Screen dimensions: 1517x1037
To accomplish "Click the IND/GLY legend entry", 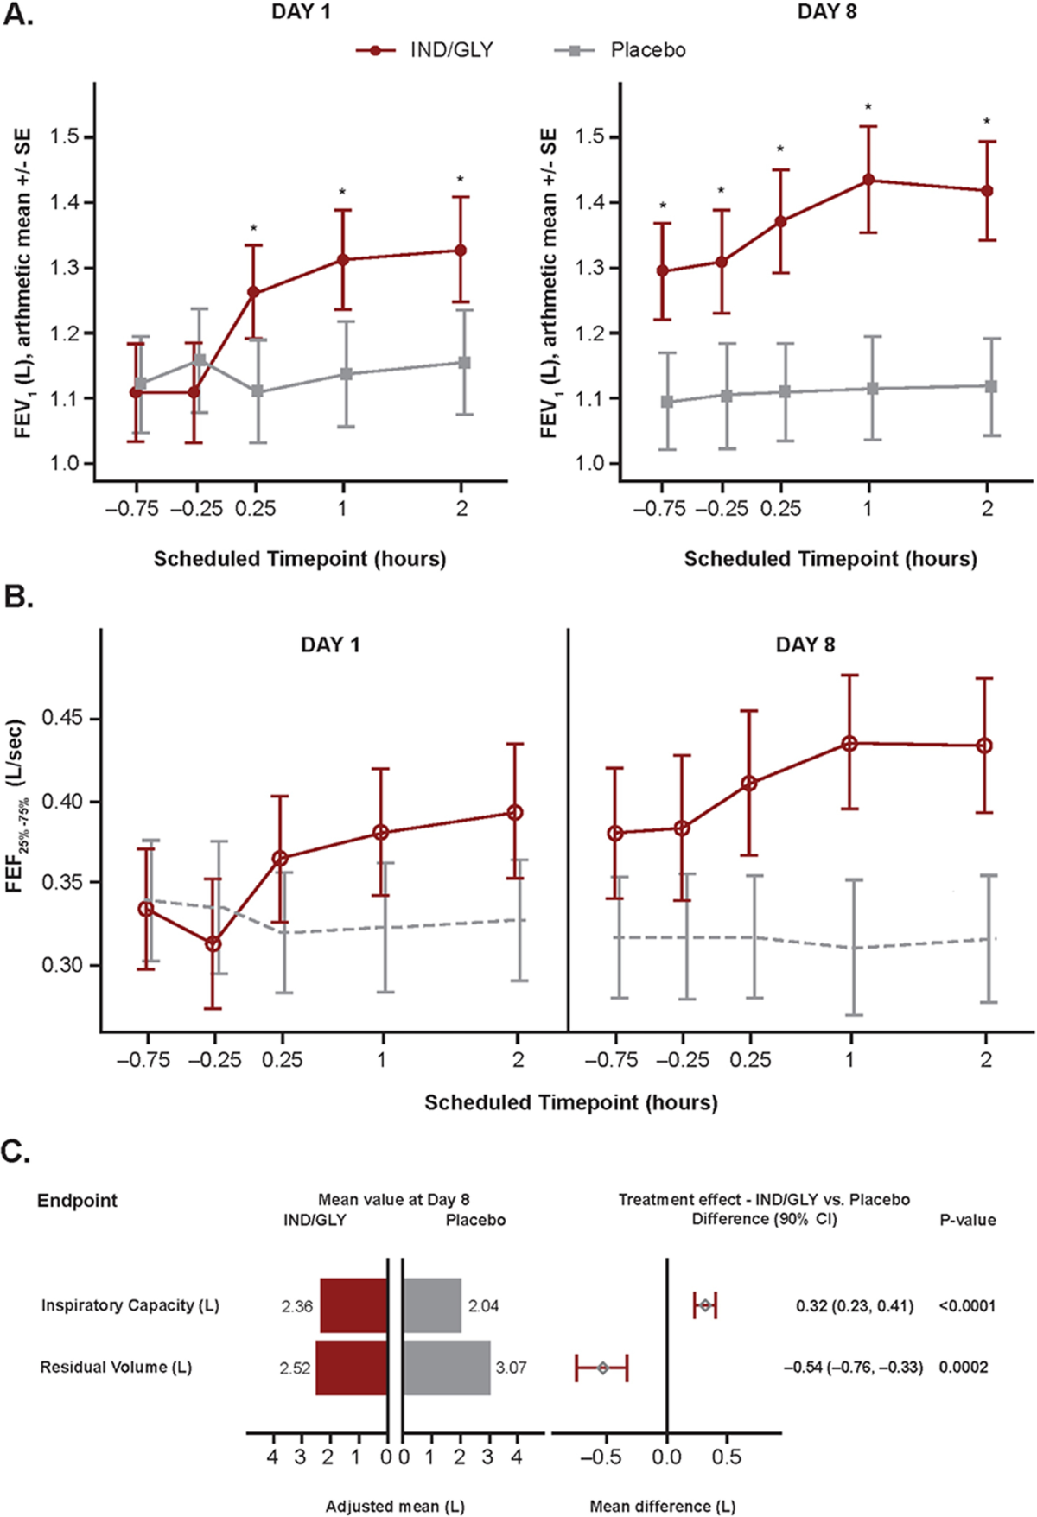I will pos(425,50).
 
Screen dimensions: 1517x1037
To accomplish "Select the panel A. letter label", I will pos(18,15).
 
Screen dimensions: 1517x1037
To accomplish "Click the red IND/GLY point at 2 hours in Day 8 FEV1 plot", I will pos(988,191).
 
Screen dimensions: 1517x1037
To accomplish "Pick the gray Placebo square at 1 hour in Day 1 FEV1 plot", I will pos(346,374).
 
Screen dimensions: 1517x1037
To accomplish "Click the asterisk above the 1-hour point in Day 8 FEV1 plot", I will pos(868,108).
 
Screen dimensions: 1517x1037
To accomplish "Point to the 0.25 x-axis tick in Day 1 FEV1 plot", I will pos(255,508).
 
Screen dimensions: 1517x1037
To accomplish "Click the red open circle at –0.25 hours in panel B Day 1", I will pos(213,944).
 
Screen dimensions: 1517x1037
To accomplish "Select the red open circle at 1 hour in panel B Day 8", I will pos(849,743).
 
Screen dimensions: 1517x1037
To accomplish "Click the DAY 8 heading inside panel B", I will pos(805,644).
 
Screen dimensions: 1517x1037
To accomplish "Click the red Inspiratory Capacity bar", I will pos(353,1305).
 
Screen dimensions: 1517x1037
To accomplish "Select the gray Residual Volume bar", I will pos(446,1368).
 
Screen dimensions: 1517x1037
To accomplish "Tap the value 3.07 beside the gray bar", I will pos(511,1368).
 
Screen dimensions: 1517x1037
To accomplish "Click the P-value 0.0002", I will pos(964,1367).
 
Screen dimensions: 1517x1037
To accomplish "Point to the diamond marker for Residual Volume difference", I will pos(603,1368).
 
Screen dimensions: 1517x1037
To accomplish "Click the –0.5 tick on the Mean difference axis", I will pos(601,1457).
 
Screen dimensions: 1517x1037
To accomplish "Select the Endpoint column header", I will pos(77,1200).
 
